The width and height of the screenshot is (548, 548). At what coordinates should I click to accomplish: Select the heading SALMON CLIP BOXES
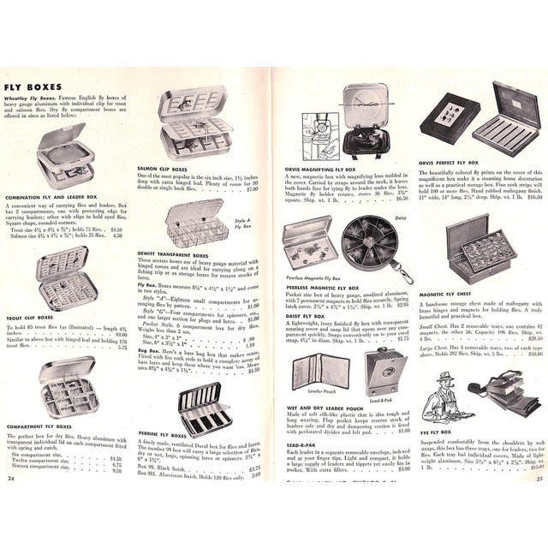(x=165, y=170)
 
